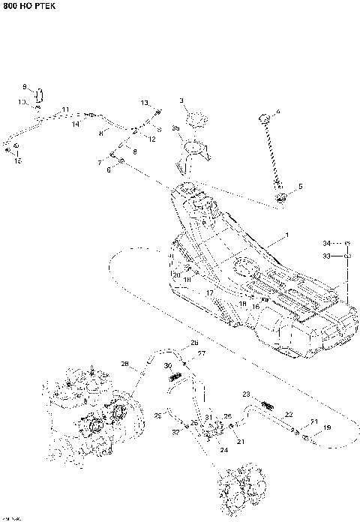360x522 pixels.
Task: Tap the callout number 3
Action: pos(181,100)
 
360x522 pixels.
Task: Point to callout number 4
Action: pos(277,112)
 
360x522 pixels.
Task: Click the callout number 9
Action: pos(24,87)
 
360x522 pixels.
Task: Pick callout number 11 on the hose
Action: pos(66,109)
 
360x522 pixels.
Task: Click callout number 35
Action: pos(176,129)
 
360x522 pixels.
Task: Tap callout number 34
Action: pos(326,243)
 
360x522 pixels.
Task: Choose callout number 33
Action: pos(326,256)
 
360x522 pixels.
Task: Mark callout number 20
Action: pos(177,275)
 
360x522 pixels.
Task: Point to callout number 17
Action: pos(211,292)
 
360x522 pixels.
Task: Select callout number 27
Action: pos(201,353)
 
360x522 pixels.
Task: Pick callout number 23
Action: pos(245,394)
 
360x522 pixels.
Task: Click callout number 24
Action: pos(223,450)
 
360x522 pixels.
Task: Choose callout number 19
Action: pos(326,427)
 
